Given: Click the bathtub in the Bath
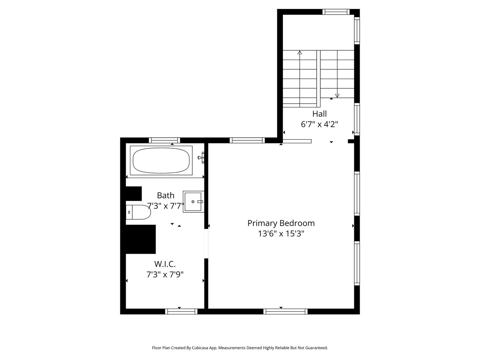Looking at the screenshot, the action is [x=161, y=160].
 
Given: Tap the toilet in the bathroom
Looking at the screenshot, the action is [x=138, y=212].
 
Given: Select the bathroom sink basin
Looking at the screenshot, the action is [x=193, y=202].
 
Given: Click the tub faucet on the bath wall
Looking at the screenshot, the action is [x=201, y=158].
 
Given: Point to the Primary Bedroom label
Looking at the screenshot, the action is [x=281, y=223].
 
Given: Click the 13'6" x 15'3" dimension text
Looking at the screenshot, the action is [x=281, y=234].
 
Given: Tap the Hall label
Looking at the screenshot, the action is [x=319, y=114].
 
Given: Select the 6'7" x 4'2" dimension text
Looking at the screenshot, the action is [x=319, y=124].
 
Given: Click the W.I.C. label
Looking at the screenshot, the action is [x=165, y=264].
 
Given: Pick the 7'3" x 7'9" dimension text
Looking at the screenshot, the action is [x=165, y=274].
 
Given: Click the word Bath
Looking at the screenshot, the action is [x=166, y=195].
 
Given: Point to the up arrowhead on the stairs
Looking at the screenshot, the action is [x=300, y=52].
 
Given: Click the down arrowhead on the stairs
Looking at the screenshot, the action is [x=337, y=96].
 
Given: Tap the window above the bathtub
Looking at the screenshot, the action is [x=164, y=140].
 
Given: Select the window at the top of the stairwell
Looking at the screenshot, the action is [x=336, y=12].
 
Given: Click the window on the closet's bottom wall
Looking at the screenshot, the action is [x=181, y=311].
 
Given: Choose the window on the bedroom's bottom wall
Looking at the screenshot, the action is [x=285, y=311].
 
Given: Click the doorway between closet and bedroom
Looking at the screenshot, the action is [x=206, y=243].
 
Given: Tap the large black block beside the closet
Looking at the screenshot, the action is [x=141, y=239].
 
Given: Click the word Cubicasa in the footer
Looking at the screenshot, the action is [x=200, y=348].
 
